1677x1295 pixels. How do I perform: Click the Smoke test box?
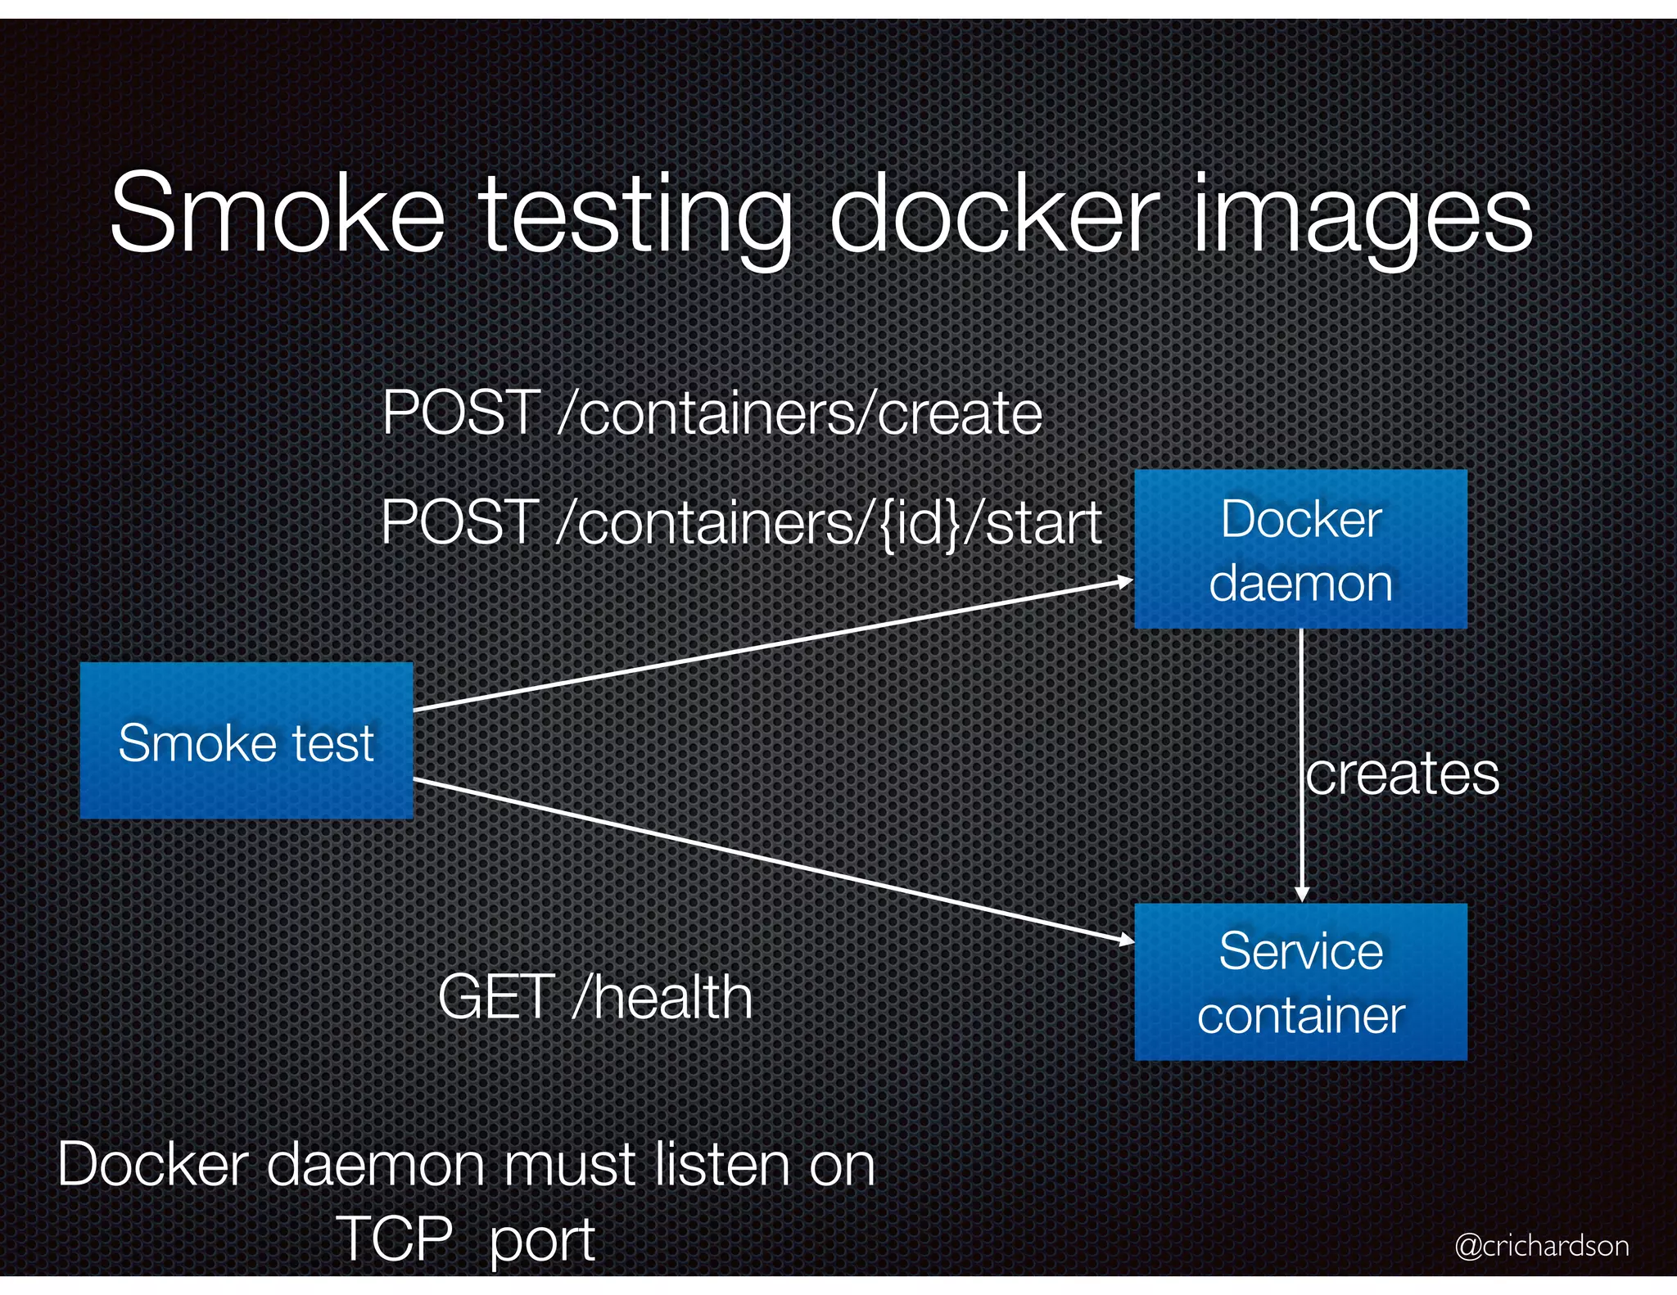pyautogui.click(x=246, y=741)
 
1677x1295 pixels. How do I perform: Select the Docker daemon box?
pyautogui.click(x=1300, y=549)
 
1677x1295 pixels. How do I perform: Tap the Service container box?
pyautogui.click(x=1300, y=981)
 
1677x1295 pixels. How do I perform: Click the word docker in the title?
pyautogui.click(x=994, y=214)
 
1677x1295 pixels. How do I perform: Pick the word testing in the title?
pyautogui.click(x=635, y=218)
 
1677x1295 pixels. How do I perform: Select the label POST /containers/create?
pyautogui.click(x=712, y=413)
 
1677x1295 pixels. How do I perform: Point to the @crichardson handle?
pyautogui.click(x=1542, y=1245)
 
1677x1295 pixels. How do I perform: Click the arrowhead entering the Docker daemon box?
pyautogui.click(x=1127, y=581)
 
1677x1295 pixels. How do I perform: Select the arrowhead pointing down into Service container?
pyautogui.click(x=1302, y=895)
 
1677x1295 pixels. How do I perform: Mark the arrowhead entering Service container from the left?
pyautogui.click(x=1128, y=940)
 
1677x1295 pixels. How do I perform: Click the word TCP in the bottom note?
pyautogui.click(x=394, y=1238)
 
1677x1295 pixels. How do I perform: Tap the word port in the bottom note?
pyautogui.click(x=541, y=1241)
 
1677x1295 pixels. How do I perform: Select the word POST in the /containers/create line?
pyautogui.click(x=461, y=413)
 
